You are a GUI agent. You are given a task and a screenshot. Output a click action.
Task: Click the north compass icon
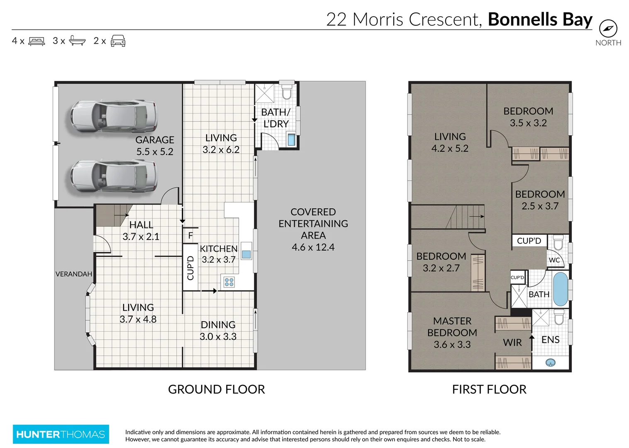608,29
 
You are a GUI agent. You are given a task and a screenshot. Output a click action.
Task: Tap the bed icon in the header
37,41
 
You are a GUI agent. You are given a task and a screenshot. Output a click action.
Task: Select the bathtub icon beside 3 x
77,41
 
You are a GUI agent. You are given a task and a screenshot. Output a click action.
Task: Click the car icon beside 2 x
118,41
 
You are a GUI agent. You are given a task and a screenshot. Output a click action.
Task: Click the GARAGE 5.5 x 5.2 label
155,146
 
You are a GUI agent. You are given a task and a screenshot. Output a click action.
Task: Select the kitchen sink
246,254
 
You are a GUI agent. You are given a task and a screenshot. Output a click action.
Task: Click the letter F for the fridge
190,236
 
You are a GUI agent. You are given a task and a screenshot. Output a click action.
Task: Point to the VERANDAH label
74,274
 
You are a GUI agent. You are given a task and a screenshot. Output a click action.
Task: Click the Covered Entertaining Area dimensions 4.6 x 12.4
313,247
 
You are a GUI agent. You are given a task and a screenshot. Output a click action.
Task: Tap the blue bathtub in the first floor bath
560,289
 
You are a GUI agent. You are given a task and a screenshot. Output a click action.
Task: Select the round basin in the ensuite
551,363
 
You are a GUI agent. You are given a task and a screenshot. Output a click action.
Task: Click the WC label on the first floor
554,260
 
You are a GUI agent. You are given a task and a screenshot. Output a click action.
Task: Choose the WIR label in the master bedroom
512,343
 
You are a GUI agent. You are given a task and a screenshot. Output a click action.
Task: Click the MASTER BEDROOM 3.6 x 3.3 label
452,333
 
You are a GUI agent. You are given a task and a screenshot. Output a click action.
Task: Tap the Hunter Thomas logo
61,434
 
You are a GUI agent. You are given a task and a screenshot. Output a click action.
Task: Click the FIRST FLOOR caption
489,389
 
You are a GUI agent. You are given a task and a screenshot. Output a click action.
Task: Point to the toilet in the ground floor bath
287,92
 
